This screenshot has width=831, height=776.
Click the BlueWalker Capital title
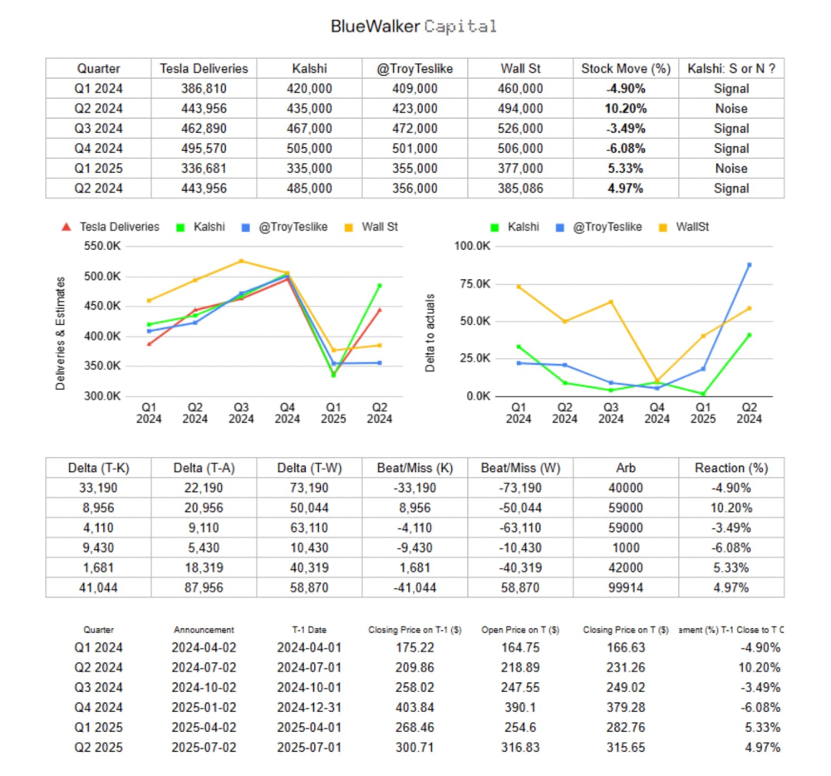(414, 27)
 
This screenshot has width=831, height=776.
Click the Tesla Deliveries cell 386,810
(204, 89)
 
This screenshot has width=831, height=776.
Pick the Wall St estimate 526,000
(521, 129)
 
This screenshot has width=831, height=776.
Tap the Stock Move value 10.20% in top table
(626, 109)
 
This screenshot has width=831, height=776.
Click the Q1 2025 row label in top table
(98, 169)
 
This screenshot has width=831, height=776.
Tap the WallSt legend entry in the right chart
(689, 227)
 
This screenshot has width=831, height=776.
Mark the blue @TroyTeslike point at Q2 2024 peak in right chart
(749, 265)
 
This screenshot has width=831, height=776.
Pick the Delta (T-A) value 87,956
(204, 587)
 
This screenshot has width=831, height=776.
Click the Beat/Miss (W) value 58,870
(521, 587)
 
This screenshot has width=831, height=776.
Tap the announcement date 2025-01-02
(204, 707)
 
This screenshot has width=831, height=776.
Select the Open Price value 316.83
(519, 747)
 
